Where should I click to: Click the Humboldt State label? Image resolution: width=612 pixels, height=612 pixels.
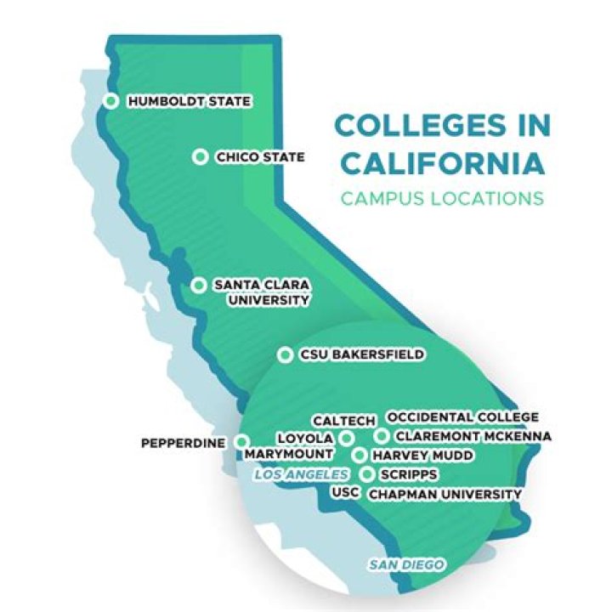click(189, 102)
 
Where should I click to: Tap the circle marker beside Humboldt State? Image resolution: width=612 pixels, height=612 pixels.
click(110, 101)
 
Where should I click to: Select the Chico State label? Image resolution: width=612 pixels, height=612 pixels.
click(259, 157)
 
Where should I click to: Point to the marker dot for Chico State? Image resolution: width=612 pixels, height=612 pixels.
click(200, 156)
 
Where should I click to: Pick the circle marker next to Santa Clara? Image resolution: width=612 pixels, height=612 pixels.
click(198, 285)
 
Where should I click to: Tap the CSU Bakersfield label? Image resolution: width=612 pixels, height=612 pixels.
click(361, 354)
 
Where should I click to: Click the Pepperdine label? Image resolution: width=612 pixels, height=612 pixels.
click(183, 443)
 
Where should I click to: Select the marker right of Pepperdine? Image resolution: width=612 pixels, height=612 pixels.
click(241, 441)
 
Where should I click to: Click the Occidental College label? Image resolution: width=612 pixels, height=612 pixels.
click(462, 417)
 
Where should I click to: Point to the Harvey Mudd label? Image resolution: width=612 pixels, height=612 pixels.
click(422, 456)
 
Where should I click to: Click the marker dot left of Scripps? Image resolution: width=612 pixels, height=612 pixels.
click(366, 473)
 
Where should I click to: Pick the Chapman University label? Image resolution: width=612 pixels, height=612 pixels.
click(445, 493)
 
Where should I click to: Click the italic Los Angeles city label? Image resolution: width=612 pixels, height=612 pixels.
click(301, 474)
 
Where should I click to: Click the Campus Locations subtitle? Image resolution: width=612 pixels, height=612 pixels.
click(441, 199)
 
